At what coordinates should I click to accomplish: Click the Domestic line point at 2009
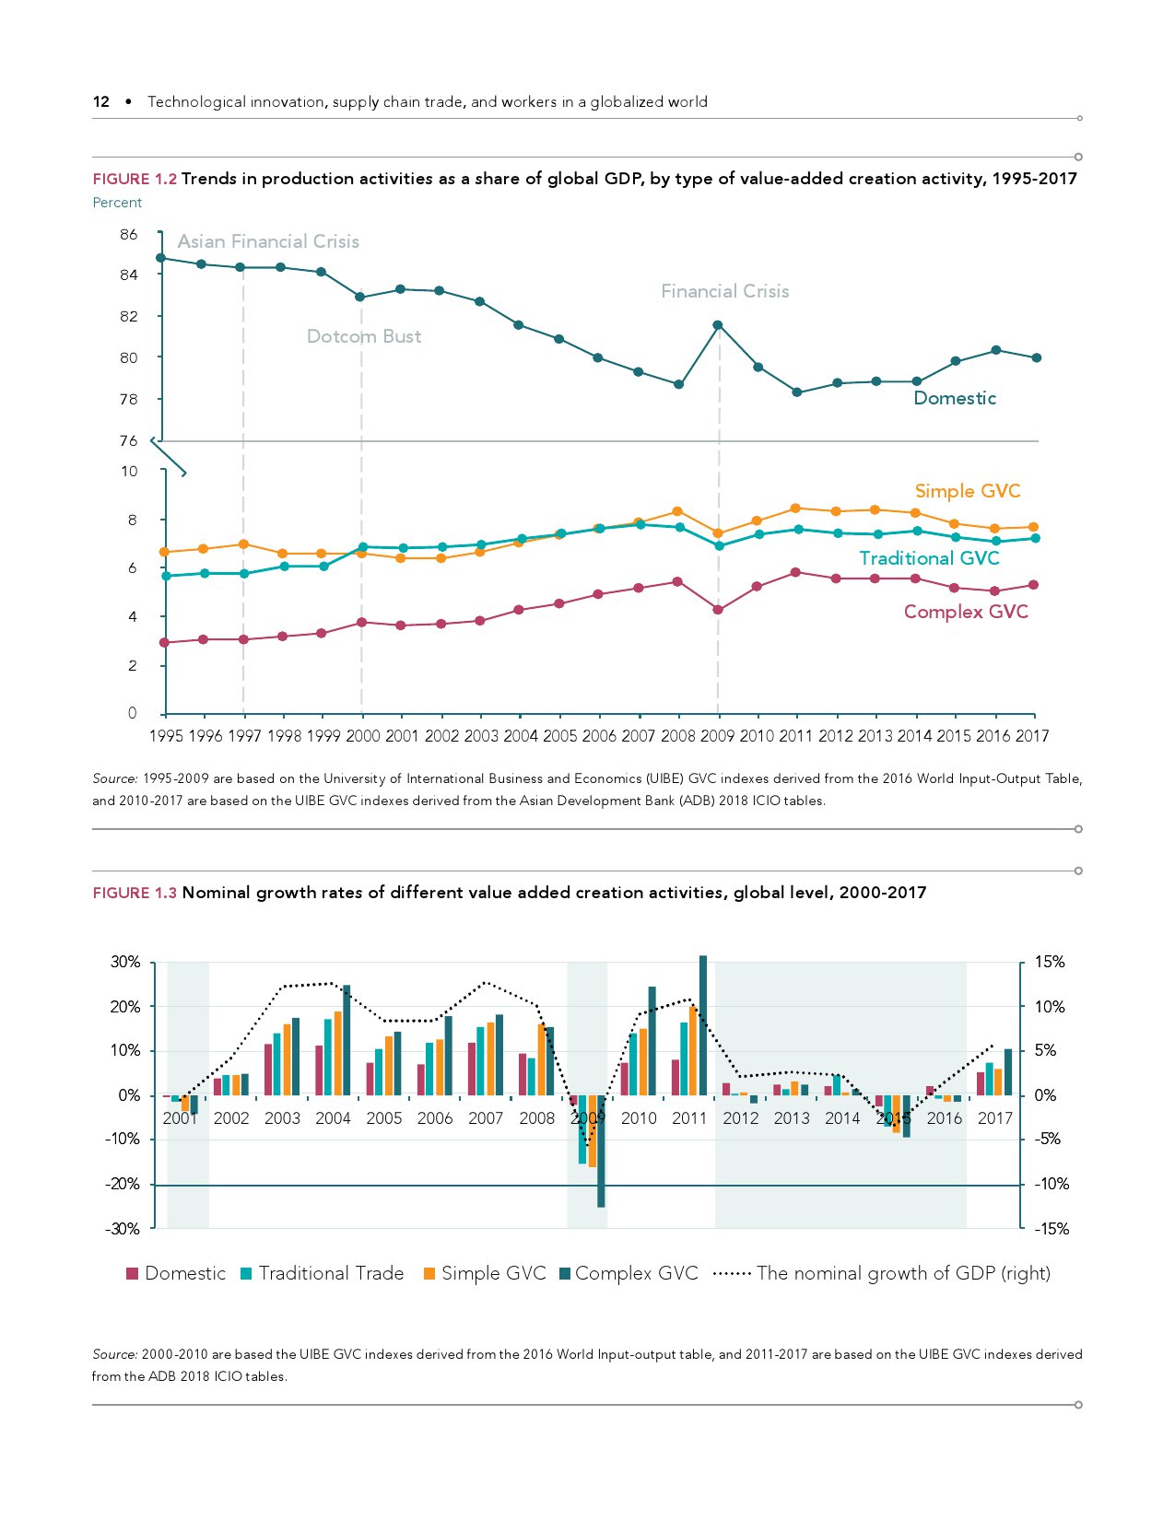tap(718, 325)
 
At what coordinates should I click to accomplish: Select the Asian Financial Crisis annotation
tap(268, 241)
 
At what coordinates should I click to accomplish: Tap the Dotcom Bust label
tap(364, 336)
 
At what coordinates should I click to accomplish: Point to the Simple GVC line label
tap(967, 491)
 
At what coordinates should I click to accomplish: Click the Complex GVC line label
tap(965, 612)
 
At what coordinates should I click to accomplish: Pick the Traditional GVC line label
tap(929, 558)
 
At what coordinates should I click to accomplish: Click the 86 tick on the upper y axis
tap(129, 235)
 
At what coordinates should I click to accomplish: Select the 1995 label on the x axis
tap(166, 736)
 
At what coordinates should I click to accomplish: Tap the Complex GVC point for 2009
tap(718, 610)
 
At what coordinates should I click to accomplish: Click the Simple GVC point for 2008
tap(677, 511)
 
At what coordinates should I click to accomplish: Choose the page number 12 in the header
tap(101, 101)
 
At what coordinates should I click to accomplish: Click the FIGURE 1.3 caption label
tap(135, 893)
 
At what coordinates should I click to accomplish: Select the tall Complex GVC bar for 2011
tap(703, 1024)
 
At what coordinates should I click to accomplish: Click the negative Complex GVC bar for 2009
tap(601, 1151)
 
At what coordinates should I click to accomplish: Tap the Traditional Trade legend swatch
tap(246, 1274)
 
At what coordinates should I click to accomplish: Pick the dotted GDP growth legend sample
tap(733, 1274)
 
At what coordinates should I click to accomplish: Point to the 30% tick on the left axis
tap(125, 962)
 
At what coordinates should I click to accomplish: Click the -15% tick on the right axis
tap(1052, 1229)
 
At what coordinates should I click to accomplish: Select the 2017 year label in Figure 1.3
tap(995, 1118)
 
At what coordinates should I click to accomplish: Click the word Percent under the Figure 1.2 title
tap(117, 203)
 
